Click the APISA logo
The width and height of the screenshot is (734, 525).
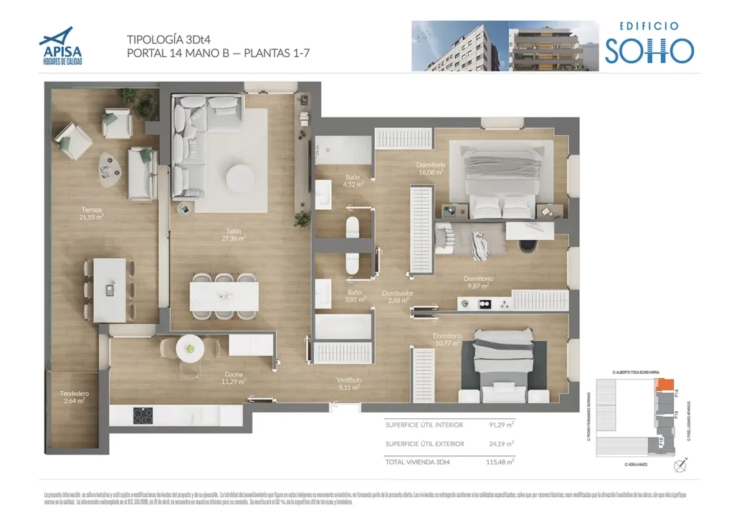point(61,46)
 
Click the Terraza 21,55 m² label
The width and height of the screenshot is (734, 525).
point(92,213)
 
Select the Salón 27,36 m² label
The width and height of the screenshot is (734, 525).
point(234,235)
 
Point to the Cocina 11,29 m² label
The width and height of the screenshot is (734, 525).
point(234,378)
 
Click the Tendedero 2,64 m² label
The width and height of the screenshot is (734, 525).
point(74,398)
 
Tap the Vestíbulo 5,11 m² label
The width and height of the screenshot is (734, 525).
point(349,383)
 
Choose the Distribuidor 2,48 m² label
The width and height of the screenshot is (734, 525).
point(397,297)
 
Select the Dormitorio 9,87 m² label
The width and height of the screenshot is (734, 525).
point(477,282)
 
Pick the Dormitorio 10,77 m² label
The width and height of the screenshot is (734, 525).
point(447,339)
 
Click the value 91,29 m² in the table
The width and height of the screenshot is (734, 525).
point(501,424)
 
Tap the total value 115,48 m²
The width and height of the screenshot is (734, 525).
point(500,462)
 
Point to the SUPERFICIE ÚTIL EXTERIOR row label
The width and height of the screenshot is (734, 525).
point(424,444)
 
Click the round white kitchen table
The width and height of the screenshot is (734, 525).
point(190,348)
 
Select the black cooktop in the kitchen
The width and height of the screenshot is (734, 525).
point(143,415)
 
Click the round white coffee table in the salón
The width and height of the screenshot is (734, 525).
point(239,176)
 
